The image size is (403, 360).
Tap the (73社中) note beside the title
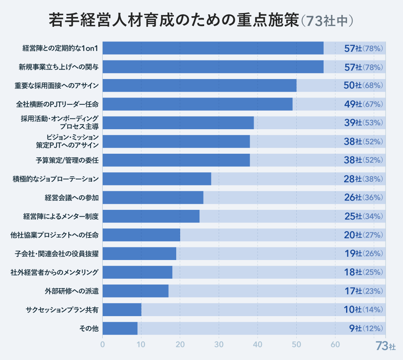pyautogui.click(x=326, y=21)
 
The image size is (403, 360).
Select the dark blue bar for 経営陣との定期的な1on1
pyautogui.click(x=213, y=48)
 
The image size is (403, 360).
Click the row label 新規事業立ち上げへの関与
pyautogui.click(x=58, y=67)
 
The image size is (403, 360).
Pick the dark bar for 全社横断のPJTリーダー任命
pyautogui.click(x=198, y=104)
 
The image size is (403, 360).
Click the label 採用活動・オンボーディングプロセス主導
pyautogui.click(x=60, y=123)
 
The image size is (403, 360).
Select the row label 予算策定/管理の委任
pyautogui.click(x=67, y=160)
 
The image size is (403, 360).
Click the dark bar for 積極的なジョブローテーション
pyautogui.click(x=157, y=179)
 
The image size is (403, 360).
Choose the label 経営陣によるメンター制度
pyautogui.click(x=60, y=217)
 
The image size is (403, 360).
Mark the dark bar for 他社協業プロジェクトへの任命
pyautogui.click(x=141, y=235)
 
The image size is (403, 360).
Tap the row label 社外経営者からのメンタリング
pyautogui.click(x=55, y=272)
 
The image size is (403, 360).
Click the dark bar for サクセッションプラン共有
pyautogui.click(x=122, y=310)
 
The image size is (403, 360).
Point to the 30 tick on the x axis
pyautogui.click(x=219, y=344)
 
